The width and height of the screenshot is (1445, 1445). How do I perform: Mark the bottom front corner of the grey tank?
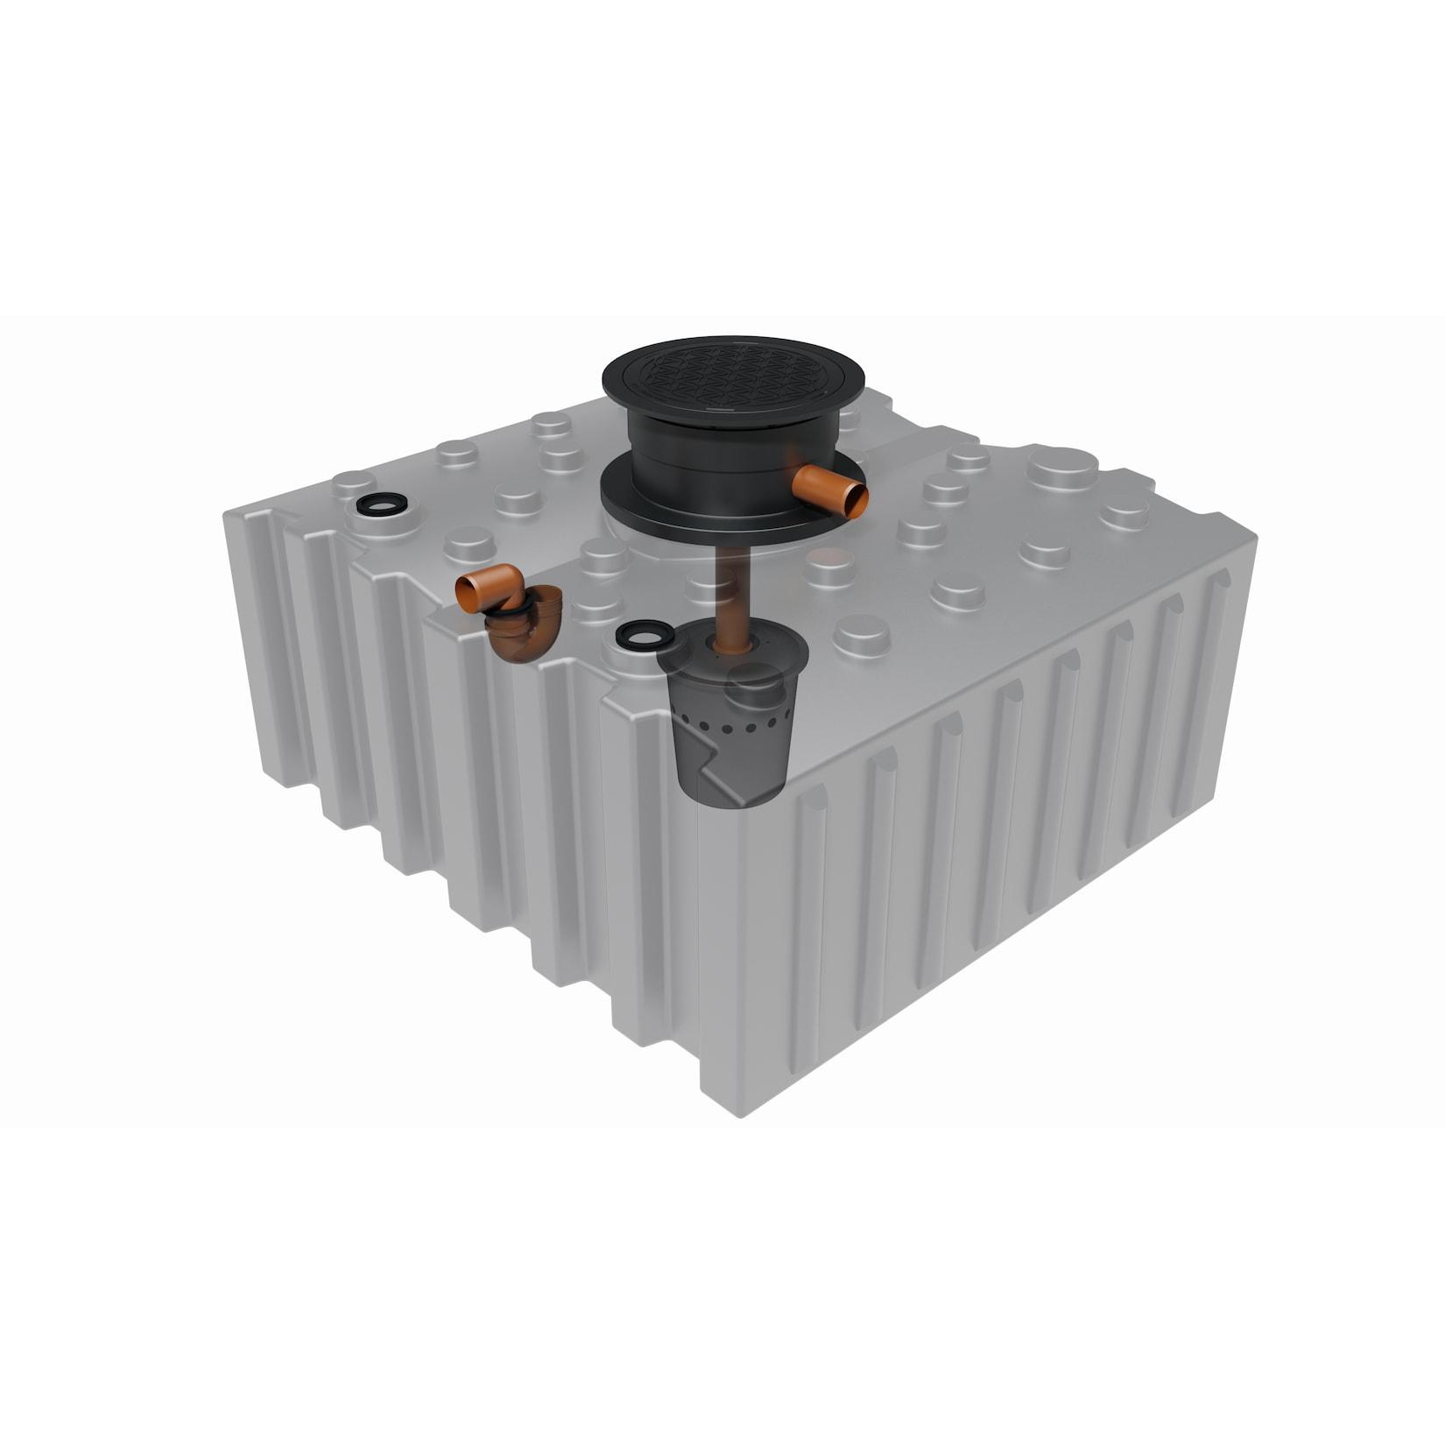tap(738, 1117)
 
